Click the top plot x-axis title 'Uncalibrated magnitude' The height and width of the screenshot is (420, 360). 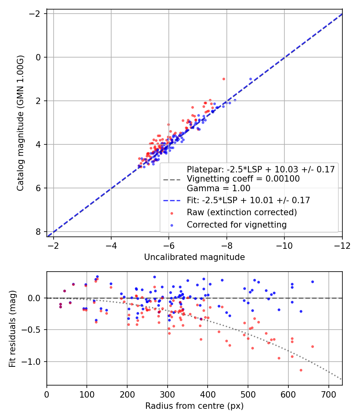(194, 257)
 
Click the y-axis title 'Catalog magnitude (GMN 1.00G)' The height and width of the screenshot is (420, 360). (21, 123)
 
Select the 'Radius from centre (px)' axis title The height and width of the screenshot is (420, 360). (194, 406)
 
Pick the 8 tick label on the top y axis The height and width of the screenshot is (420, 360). (38, 232)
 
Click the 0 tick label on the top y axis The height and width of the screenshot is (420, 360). (38, 57)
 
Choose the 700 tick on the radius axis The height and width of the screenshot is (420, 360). (328, 394)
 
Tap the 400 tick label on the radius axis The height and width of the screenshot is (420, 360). (208, 394)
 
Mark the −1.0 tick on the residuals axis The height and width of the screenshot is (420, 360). (34, 362)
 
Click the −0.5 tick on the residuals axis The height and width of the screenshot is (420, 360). (34, 330)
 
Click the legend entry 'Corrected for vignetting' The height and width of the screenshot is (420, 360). (236, 225)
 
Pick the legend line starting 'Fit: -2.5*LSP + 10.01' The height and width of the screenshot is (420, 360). (248, 200)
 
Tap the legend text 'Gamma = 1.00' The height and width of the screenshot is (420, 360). (218, 188)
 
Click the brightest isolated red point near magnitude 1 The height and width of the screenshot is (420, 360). (224, 79)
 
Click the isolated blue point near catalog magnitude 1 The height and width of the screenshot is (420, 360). (251, 79)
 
